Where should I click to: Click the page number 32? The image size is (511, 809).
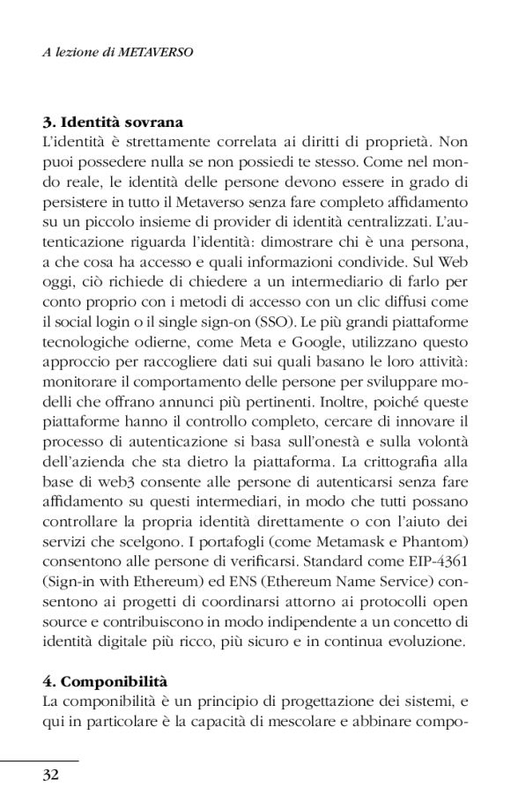[50, 775]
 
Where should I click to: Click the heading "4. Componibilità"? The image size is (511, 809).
[105, 682]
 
